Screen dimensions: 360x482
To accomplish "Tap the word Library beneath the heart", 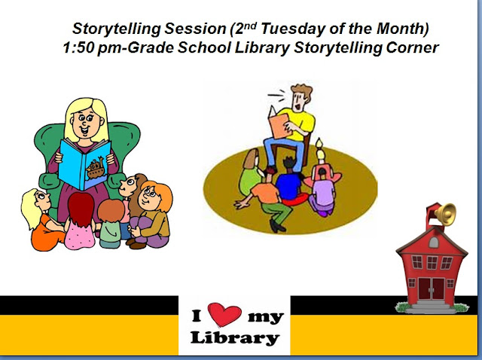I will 233,337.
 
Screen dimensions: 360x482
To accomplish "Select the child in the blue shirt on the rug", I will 290,185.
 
